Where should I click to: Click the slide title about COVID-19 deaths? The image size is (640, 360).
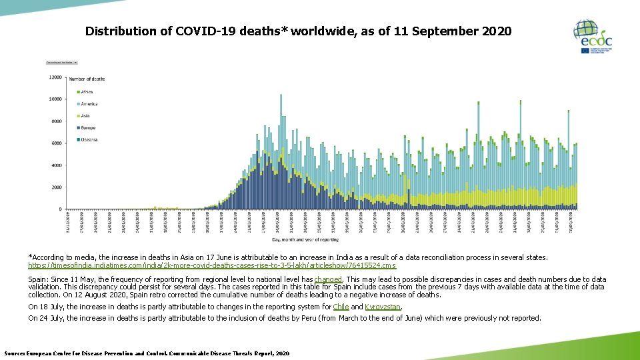click(298, 31)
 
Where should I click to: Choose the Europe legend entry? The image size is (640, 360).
click(87, 128)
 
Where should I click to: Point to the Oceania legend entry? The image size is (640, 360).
click(88, 140)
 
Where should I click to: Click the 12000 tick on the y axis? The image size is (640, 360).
click(55, 77)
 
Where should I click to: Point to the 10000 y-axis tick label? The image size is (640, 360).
click(55, 99)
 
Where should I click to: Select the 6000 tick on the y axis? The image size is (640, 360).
click(57, 143)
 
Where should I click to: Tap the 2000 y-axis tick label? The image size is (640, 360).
click(57, 187)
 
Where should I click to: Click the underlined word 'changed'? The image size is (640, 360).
click(327, 280)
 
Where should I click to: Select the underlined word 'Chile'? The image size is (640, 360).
click(341, 307)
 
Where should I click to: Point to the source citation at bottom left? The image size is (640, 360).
click(147, 353)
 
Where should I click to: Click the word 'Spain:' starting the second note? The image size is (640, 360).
click(39, 280)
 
